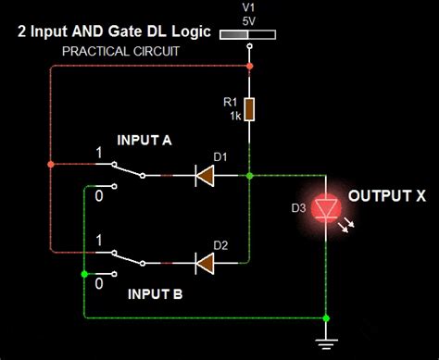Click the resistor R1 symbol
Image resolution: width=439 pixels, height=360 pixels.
tap(249, 108)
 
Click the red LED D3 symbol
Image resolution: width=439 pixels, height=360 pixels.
tap(326, 209)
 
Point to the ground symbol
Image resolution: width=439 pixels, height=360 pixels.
tap(326, 342)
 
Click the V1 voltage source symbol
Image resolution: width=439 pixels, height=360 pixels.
tap(250, 34)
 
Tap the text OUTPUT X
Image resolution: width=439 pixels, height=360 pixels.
tap(386, 197)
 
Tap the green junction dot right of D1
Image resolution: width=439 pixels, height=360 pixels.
tap(250, 174)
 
